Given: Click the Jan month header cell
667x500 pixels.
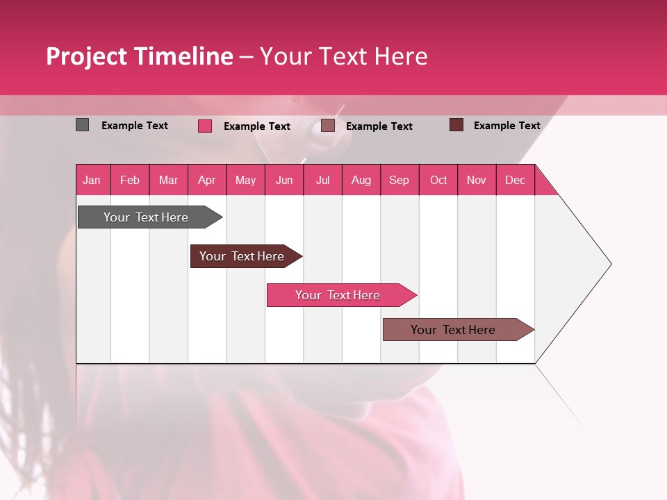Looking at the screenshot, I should (92, 180).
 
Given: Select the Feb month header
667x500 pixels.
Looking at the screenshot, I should (130, 180).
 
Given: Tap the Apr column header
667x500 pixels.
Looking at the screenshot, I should (207, 180).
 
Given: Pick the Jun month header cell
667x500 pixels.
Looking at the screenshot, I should (284, 180).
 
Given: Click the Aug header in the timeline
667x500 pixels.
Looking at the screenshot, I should (361, 180).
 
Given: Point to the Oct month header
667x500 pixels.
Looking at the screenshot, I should (438, 180).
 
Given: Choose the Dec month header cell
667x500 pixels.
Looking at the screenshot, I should (516, 180).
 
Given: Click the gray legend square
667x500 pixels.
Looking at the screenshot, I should (82, 125).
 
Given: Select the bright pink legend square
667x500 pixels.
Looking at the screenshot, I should (204, 126).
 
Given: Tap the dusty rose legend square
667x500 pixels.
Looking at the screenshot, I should (328, 126).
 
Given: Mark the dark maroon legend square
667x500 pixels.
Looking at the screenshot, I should (456, 125).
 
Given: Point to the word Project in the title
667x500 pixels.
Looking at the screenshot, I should (87, 56).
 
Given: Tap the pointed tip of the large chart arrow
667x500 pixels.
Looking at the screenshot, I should (609, 263).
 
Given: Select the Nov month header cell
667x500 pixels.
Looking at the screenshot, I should (477, 180).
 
